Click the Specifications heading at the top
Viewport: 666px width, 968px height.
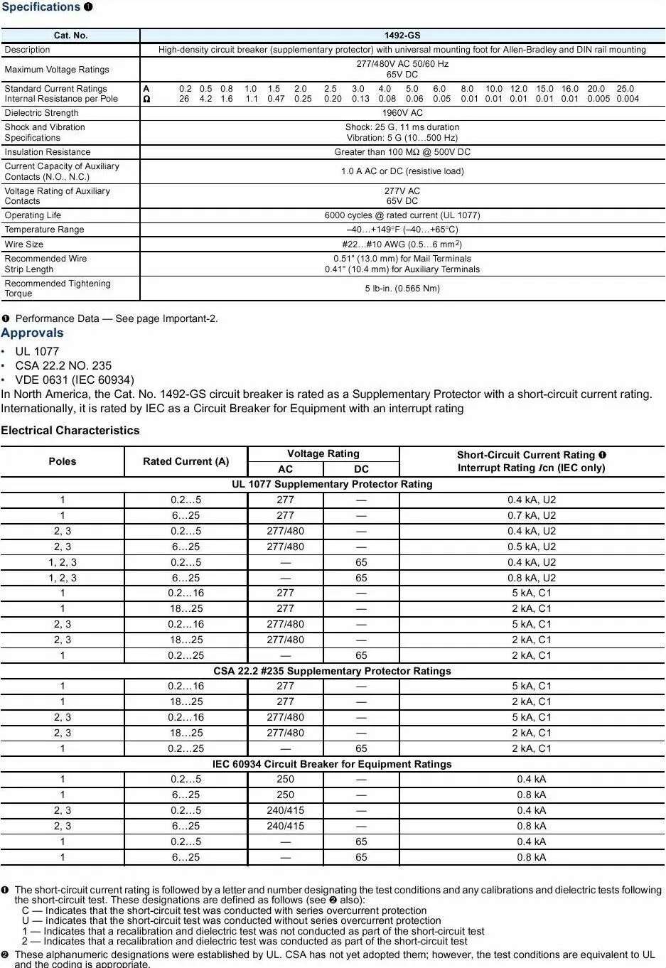tap(41, 7)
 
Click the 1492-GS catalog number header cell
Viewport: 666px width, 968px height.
tap(402, 36)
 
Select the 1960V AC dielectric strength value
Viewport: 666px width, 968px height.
tap(402, 113)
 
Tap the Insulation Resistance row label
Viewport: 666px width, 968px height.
tap(48, 152)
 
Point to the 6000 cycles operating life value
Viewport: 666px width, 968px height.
tap(402, 215)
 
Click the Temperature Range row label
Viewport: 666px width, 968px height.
tap(44, 230)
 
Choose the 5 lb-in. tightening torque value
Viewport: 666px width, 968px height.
tap(402, 289)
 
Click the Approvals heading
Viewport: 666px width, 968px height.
tap(32, 333)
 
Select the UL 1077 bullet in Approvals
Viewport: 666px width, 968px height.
tap(37, 351)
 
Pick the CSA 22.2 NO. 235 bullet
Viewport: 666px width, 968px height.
tap(63, 365)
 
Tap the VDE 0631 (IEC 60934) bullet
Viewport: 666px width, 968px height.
tap(75, 380)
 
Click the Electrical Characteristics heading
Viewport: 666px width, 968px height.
tap(70, 430)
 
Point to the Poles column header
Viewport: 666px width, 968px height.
tap(63, 461)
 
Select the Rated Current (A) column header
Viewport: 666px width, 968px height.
tap(186, 461)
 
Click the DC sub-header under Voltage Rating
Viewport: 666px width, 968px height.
tap(361, 469)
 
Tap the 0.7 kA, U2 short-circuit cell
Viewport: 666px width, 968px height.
tap(532, 515)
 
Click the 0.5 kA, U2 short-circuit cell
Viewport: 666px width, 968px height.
tap(532, 547)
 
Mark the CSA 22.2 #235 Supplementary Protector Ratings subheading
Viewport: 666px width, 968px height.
tap(332, 671)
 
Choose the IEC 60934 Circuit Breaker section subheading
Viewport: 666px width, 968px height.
tap(332, 764)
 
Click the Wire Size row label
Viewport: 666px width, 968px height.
tap(24, 244)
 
